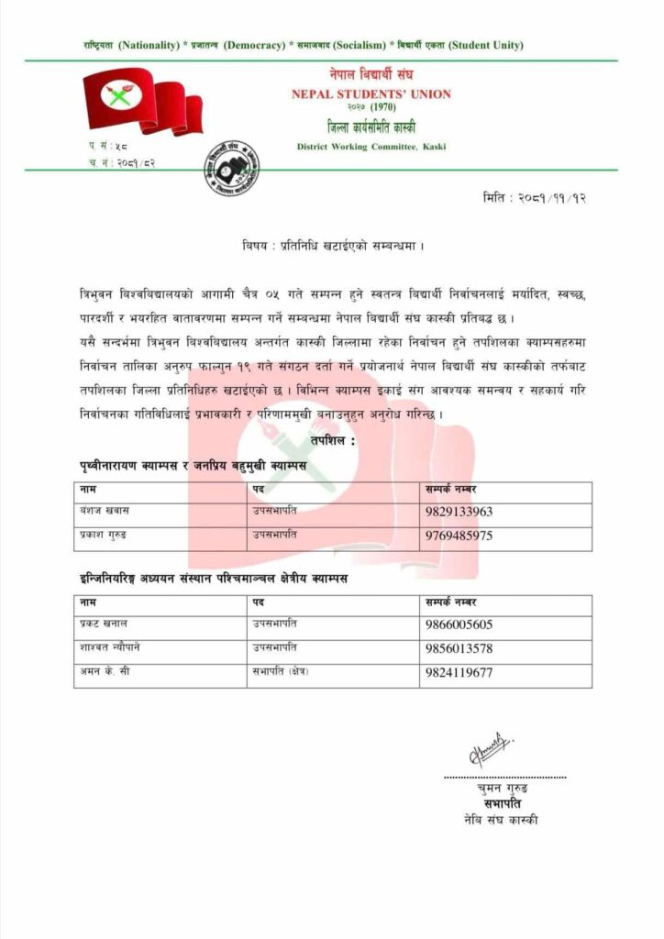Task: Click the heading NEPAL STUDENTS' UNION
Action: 371,94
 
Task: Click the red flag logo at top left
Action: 142,102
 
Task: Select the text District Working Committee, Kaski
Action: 371,147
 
